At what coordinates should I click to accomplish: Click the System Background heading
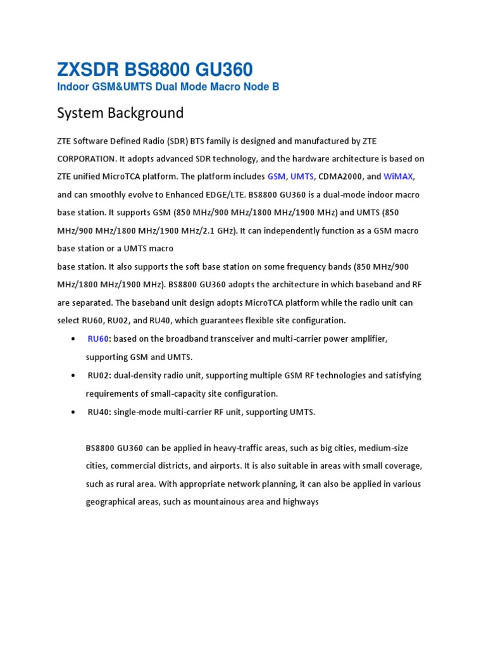coord(120,113)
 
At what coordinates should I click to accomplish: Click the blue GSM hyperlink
coord(277,177)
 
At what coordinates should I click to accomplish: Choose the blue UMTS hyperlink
coord(302,177)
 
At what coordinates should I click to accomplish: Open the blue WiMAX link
coord(399,177)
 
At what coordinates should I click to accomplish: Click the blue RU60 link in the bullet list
coord(98,339)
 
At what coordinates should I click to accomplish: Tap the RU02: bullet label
coord(100,375)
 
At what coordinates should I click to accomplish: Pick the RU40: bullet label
coord(100,412)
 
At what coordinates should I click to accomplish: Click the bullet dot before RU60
coord(75,339)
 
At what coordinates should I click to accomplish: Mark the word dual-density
coord(137,375)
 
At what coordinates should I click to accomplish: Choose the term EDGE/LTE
coord(225,194)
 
